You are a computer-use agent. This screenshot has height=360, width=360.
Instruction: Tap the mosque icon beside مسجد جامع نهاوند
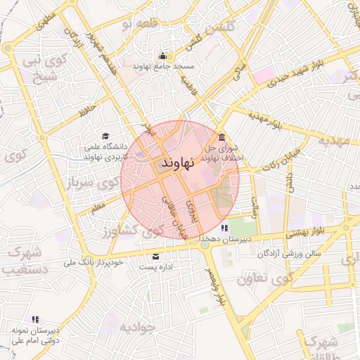(x=163, y=56)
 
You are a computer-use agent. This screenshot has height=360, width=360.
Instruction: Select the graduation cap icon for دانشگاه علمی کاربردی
(x=105, y=136)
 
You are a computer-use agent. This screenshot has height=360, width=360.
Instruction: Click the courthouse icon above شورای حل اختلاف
(x=222, y=137)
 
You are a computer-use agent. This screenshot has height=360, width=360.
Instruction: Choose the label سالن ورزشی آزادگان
(x=288, y=252)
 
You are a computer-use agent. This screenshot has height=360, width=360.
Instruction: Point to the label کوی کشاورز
(x=127, y=231)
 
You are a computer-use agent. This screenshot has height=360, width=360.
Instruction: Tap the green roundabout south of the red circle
(x=205, y=245)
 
